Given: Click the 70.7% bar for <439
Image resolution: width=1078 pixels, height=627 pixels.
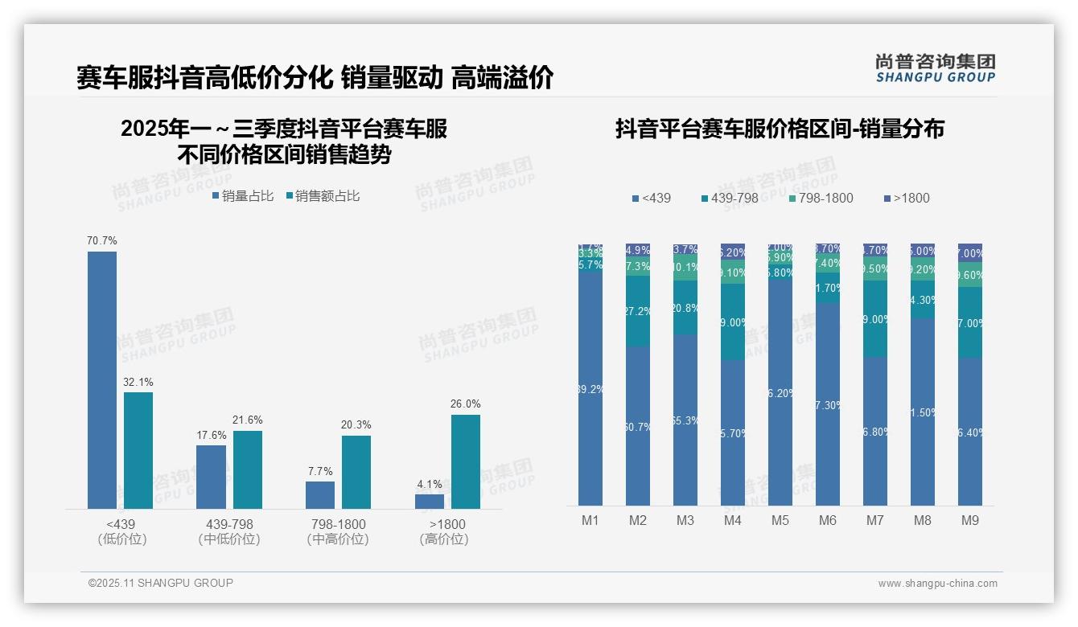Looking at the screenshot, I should pos(102,379).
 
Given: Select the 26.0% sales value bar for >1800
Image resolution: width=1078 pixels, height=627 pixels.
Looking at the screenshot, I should pos(465,461).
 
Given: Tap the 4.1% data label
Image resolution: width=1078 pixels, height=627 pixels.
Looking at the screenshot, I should pos(430,485).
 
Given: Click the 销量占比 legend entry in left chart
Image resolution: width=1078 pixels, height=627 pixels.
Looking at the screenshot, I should pos(243,196).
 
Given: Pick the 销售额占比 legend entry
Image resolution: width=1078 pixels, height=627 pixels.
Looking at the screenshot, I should pos(323,196).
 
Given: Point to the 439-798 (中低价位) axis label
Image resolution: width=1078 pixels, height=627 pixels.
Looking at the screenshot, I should pos(229,531).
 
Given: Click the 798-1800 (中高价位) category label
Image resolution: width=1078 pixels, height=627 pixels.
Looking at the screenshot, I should pos(338,531).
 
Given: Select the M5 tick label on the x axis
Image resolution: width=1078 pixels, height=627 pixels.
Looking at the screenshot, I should pos(780,520).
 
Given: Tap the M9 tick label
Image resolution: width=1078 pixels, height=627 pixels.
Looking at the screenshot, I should pos(969,520).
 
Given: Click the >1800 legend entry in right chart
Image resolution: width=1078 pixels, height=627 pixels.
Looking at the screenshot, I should pos(907,198).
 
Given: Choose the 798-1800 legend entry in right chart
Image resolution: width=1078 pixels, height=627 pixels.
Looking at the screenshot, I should pos(821,198).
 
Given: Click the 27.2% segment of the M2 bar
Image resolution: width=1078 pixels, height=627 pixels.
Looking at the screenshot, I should pos(638,311).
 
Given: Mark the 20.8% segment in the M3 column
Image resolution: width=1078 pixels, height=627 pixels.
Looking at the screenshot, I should pos(685,307).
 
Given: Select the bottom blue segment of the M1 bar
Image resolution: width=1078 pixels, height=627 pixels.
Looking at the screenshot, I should pos(590,389).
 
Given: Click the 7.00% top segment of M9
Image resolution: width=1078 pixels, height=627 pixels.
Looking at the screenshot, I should pos(970,252).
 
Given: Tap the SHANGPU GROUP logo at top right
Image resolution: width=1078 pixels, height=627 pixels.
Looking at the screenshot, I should pos(935,68).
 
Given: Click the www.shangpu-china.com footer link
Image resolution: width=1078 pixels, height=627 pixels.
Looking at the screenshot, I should pos(937,584).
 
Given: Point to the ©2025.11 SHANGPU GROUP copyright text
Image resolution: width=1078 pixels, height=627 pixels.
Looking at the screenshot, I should pos(161,583).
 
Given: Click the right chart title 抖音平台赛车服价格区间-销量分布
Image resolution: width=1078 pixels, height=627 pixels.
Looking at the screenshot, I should pos(780,129).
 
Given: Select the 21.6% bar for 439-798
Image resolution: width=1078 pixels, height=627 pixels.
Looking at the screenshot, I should pos(248,469).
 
